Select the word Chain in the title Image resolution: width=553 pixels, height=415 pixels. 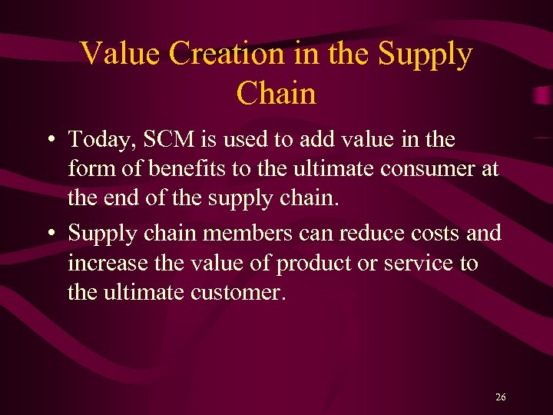[x=276, y=93]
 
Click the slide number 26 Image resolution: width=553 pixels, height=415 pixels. [x=501, y=397]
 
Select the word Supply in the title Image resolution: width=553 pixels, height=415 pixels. [x=427, y=54]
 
